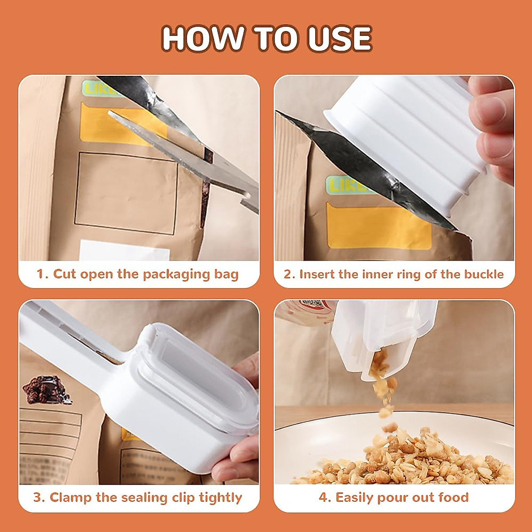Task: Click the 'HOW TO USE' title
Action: [266, 39]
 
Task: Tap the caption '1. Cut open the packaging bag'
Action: [137, 274]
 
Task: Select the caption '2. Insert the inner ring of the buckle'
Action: [394, 274]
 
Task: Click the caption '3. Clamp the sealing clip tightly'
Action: [137, 497]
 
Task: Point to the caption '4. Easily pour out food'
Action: [394, 497]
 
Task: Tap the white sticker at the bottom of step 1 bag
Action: [124, 250]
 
